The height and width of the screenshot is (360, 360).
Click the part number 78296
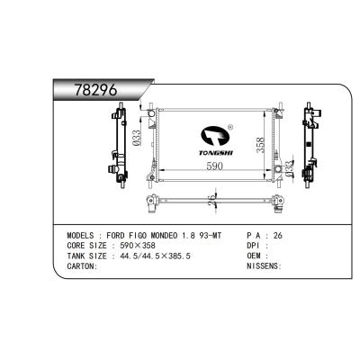pos(95,89)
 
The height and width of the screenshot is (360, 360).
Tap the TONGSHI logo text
pos(216,153)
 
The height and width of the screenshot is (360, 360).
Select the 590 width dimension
pos(215,166)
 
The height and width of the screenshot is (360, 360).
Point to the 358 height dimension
pos(260,146)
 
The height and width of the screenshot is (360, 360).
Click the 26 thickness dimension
pos(211,200)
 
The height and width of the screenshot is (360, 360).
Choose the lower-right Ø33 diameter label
pos(289,168)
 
